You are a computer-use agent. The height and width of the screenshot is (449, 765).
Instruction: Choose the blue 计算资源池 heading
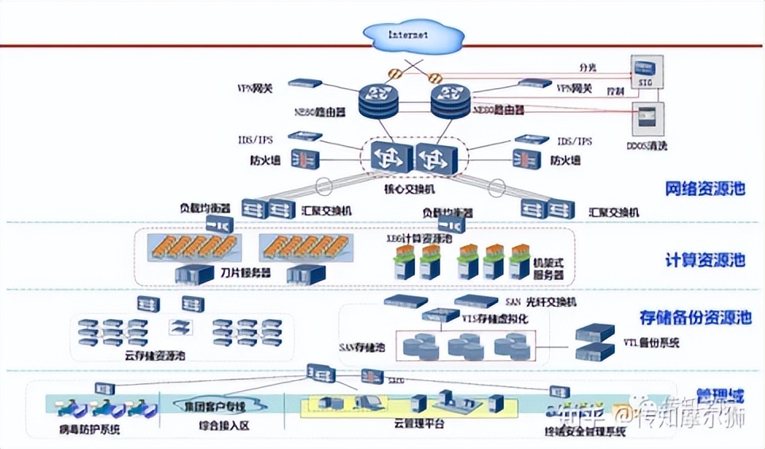pos(705,260)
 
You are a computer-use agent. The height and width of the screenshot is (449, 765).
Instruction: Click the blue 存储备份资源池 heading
pos(695,318)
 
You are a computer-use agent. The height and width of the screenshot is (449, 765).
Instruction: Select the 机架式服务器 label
pos(548,267)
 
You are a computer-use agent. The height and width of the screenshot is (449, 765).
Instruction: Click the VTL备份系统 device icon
pos(596,341)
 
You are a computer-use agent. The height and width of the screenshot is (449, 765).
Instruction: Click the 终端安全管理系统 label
pos(585,432)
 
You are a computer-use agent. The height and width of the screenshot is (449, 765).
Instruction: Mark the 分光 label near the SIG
pos(586,68)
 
